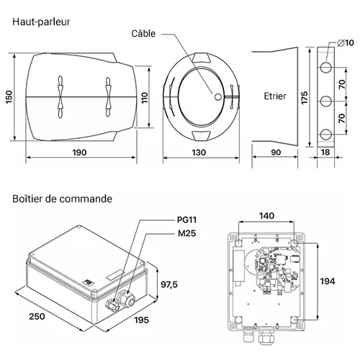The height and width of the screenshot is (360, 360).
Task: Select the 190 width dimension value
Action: click(79, 152)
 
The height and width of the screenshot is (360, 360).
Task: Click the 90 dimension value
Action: click(276, 152)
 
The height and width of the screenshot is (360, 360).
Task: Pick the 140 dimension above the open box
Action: click(266, 215)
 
